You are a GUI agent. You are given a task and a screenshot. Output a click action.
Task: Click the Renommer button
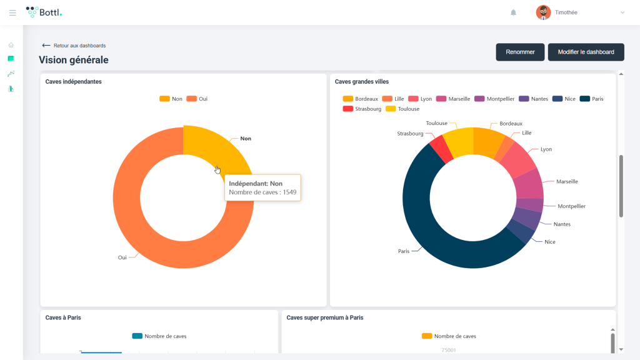[520, 52]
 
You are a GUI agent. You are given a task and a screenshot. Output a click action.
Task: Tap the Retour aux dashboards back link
[74, 46]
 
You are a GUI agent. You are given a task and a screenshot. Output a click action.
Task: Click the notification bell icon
[514, 12]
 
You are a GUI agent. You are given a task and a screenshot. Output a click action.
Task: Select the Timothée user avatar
[543, 12]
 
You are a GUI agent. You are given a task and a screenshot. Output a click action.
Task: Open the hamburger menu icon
[12, 12]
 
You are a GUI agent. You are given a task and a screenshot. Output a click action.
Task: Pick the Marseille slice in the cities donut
[529, 183]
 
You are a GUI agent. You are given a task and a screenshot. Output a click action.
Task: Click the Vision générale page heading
[74, 60]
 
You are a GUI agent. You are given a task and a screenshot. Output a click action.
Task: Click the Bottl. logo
[44, 12]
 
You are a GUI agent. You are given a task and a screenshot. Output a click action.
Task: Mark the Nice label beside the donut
[549, 242]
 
